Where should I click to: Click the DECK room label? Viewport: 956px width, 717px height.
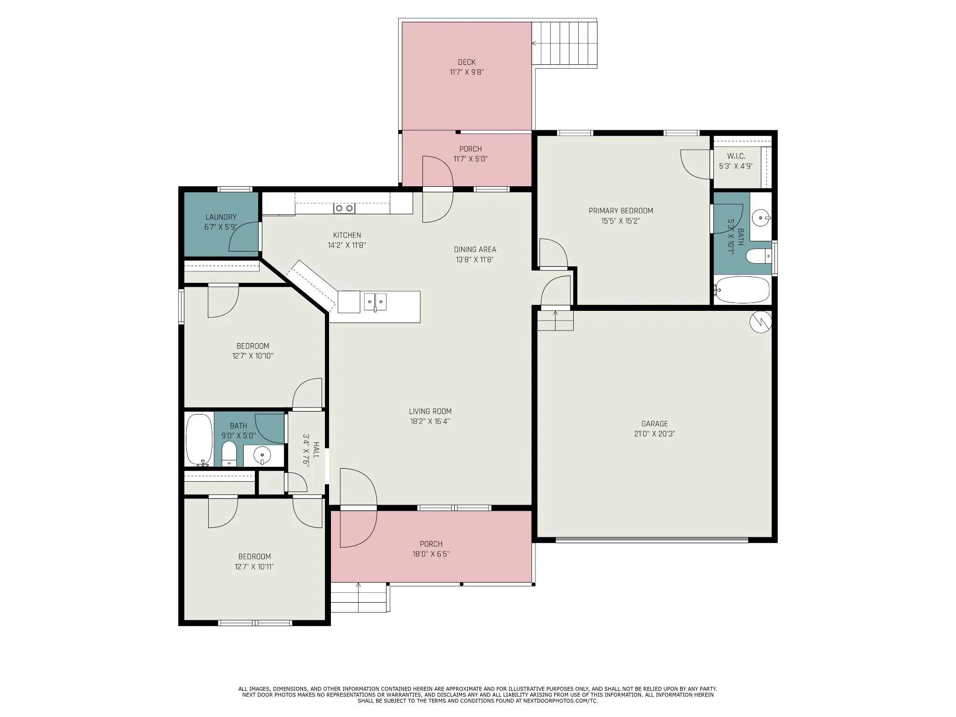(467, 62)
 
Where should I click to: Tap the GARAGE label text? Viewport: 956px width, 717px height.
(654, 424)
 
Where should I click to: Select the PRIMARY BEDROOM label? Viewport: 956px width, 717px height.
(621, 211)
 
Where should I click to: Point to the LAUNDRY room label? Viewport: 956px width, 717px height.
(221, 217)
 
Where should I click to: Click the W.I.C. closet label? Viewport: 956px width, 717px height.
(736, 156)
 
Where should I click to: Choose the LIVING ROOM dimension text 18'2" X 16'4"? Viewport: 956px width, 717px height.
(430, 422)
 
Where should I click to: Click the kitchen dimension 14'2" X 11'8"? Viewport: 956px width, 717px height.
(347, 245)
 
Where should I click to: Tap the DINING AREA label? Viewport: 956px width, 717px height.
(475, 250)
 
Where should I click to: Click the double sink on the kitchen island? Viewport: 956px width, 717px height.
(375, 302)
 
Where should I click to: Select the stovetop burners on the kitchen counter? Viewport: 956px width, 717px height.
(344, 208)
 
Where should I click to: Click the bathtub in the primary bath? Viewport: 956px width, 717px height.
(742, 290)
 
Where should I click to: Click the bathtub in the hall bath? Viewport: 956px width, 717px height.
(199, 440)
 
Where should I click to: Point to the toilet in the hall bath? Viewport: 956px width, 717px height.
(229, 454)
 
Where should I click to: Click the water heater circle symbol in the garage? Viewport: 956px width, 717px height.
(760, 322)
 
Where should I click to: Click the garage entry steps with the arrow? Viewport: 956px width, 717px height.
(555, 320)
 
